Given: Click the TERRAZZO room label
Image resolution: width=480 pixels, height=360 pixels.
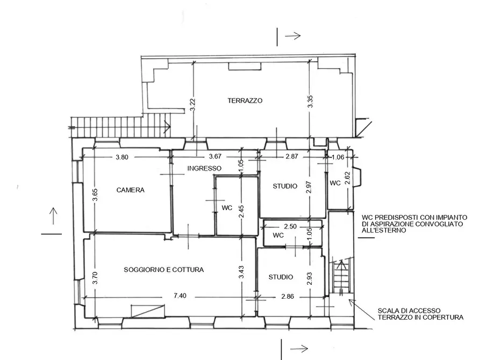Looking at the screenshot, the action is pyautogui.click(x=245, y=100).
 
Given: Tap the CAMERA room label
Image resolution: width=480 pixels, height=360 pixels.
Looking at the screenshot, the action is pyautogui.click(x=131, y=190).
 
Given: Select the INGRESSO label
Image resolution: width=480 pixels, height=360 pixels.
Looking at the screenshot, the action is pyautogui.click(x=204, y=168).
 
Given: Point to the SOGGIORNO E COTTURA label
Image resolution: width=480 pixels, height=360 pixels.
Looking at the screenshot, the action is pyautogui.click(x=164, y=270).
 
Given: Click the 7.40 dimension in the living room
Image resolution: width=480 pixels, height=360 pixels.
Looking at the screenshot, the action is pyautogui.click(x=180, y=296).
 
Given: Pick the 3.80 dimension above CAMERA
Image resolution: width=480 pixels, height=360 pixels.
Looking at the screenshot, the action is pyautogui.click(x=122, y=157).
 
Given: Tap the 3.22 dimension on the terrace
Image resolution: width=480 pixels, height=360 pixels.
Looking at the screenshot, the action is pyautogui.click(x=192, y=105).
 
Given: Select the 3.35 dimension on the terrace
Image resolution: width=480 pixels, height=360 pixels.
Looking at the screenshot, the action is pyautogui.click(x=310, y=102).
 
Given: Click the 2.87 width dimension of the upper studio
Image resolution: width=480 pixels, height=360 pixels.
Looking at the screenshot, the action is pyautogui.click(x=292, y=156).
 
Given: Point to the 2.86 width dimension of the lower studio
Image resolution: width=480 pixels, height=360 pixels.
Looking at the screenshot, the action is pyautogui.click(x=288, y=296).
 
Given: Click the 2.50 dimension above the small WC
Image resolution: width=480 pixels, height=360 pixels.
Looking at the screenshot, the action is pyautogui.click(x=290, y=227).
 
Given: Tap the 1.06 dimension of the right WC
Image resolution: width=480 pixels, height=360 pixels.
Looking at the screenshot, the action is pyautogui.click(x=338, y=157).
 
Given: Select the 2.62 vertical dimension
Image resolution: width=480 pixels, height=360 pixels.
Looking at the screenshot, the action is pyautogui.click(x=347, y=178).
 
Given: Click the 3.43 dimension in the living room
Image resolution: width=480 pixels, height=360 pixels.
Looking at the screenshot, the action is pyautogui.click(x=241, y=272).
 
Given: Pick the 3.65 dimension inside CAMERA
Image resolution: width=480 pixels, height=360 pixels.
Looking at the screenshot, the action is pyautogui.click(x=95, y=195).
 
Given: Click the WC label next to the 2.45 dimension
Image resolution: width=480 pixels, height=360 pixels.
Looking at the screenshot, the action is pyautogui.click(x=227, y=208).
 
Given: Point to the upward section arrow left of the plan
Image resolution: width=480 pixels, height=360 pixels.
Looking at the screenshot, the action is pyautogui.click(x=53, y=216).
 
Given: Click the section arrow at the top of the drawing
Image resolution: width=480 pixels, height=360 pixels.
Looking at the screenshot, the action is pyautogui.click(x=293, y=36).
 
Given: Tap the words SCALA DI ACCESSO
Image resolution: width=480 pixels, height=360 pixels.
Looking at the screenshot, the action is pyautogui.click(x=409, y=311).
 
